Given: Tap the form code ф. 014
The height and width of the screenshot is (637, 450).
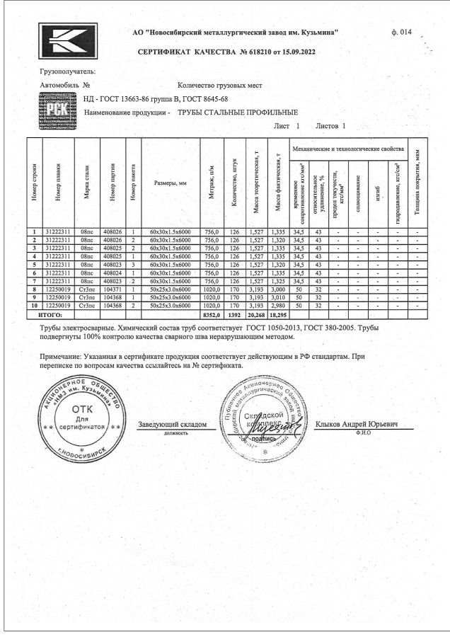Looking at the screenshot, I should tap(400, 33).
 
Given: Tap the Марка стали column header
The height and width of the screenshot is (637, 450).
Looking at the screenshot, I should tap(87, 183).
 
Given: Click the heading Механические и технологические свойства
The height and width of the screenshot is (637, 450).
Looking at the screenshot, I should tap(349, 149).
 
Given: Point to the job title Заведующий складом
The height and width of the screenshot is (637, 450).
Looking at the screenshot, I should tap(173, 424).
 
